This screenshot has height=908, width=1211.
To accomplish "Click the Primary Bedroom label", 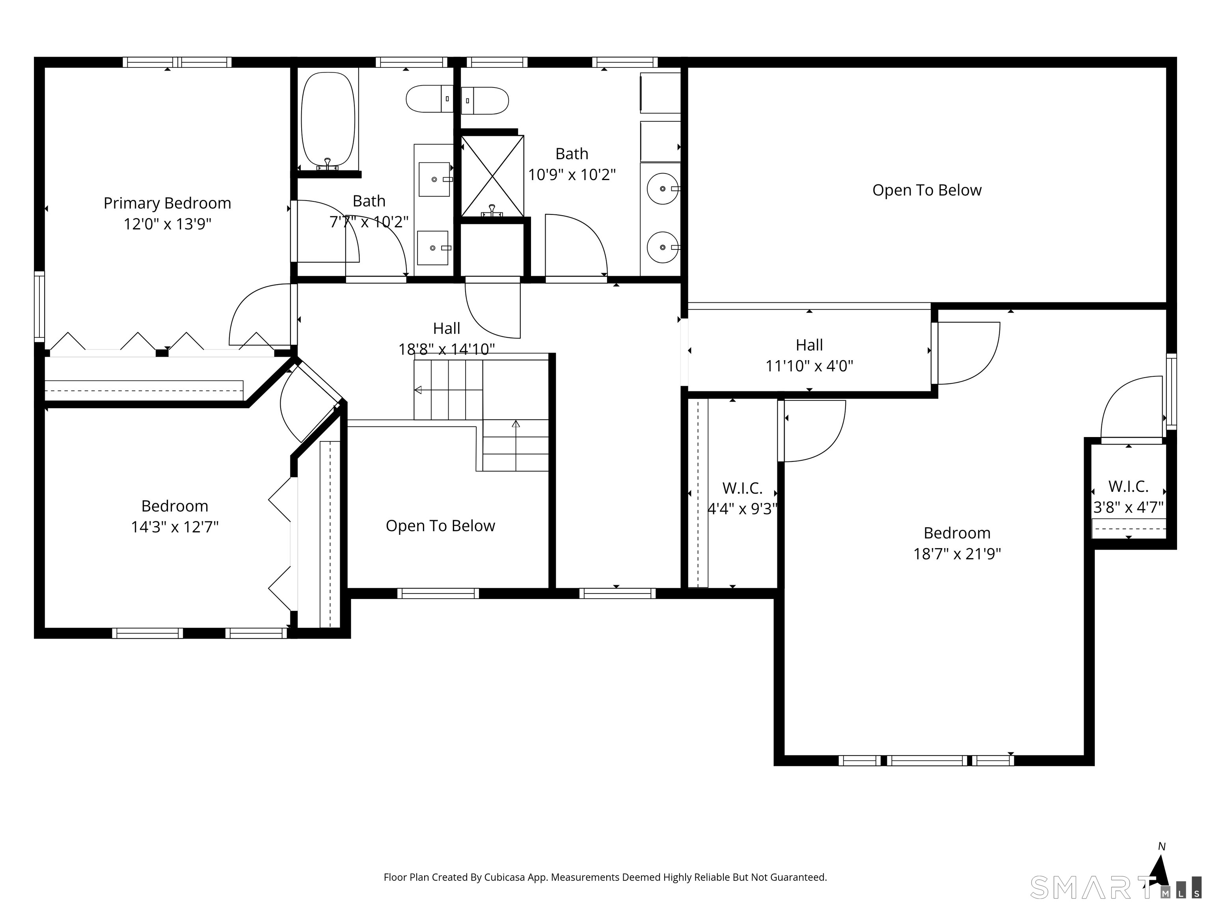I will coord(167,203).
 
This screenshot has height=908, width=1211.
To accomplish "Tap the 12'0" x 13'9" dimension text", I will coord(167,224).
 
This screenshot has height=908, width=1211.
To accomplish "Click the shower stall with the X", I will coord(492,176).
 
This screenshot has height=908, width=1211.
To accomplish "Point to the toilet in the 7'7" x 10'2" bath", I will coord(430,99).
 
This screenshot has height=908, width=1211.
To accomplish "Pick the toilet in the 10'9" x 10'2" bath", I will coord(485,101).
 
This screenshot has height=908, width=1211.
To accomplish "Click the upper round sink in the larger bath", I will coord(662,188).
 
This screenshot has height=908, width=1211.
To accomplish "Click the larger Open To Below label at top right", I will coord(926,190).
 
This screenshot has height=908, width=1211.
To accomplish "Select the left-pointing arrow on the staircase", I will coord(418,390).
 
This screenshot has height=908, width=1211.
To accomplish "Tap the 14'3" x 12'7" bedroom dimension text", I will coord(175,527).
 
